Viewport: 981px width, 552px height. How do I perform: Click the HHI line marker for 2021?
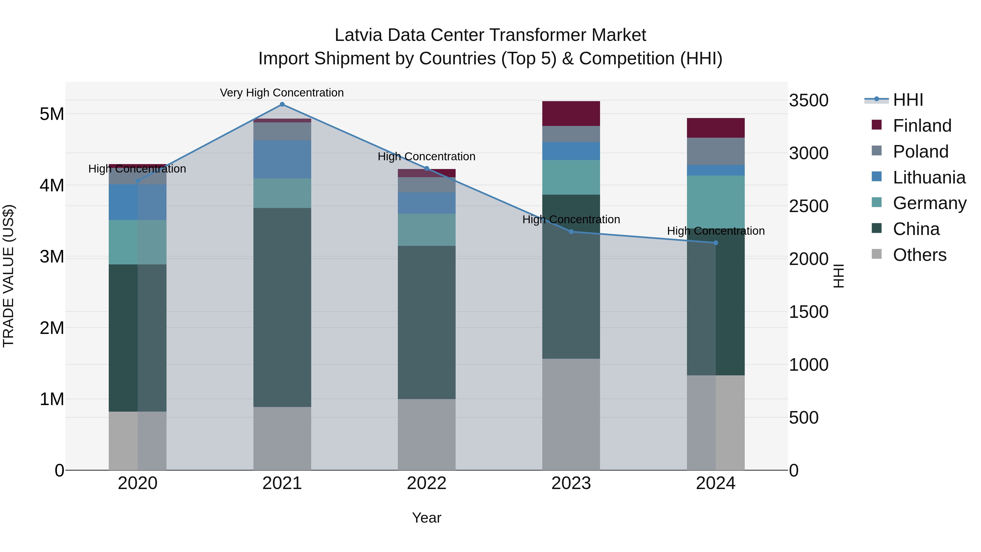(282, 104)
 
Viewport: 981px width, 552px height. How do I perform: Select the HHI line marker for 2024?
(716, 243)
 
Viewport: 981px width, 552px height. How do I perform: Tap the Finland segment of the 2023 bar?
(571, 113)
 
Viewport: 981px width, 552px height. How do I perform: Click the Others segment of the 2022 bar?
(426, 434)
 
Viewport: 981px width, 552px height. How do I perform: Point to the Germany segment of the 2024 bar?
(716, 202)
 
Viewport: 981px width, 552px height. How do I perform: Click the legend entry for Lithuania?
(928, 177)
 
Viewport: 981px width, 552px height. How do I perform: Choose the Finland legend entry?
(922, 126)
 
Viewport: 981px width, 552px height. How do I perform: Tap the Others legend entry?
(919, 255)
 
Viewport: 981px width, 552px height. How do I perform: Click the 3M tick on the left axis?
(52, 257)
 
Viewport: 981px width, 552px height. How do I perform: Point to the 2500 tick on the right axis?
(808, 206)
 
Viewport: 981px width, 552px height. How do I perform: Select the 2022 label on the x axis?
(426, 483)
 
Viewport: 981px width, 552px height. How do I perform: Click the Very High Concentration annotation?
(282, 93)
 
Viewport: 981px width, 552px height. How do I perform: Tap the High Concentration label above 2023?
(571, 219)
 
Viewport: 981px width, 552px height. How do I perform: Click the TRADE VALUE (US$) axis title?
(8, 276)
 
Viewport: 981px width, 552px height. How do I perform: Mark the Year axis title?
(426, 518)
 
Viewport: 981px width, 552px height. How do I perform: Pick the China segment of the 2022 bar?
(426, 322)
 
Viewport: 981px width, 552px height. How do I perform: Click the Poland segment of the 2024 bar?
(716, 151)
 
